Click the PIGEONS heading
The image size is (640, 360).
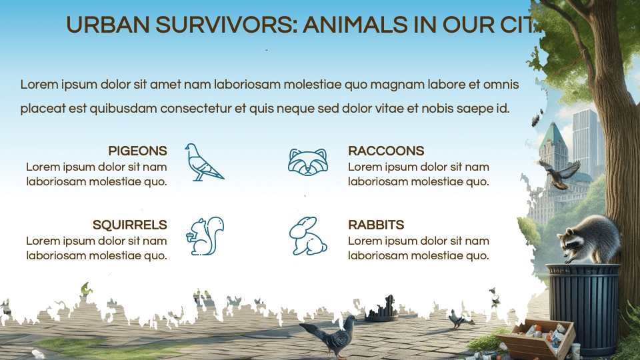(137, 151)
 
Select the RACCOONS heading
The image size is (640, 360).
(386, 151)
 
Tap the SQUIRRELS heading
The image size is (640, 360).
(129, 225)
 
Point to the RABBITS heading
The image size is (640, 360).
(376, 225)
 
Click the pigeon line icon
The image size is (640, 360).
(203, 162)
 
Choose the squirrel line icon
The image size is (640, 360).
(207, 236)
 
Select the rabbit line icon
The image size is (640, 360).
(307, 237)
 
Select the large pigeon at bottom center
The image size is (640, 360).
(330, 337)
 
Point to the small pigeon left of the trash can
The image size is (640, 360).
(457, 319)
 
